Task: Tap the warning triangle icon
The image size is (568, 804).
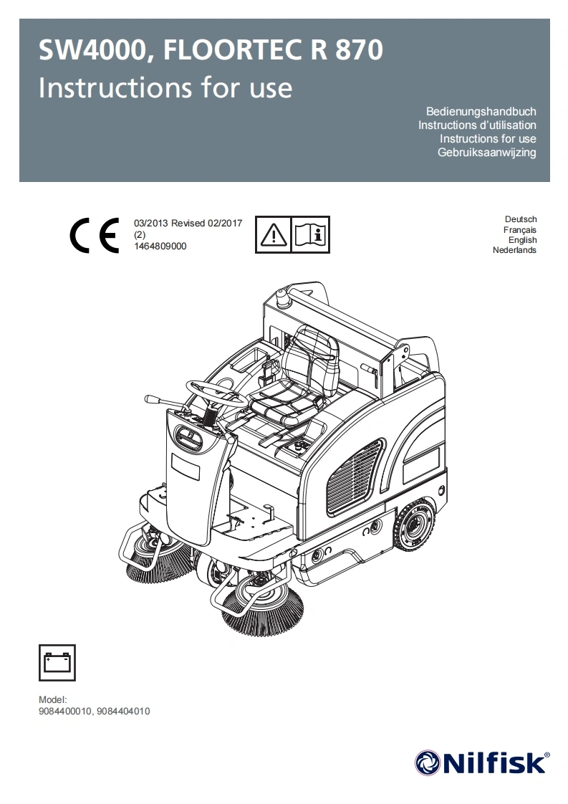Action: point(274,234)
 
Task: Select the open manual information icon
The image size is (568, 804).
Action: point(311,234)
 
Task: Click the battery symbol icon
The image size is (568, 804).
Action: point(57,662)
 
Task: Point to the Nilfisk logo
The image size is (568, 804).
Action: point(482,762)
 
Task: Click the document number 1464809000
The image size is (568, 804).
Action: point(160,246)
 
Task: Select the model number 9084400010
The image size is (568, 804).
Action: point(65,712)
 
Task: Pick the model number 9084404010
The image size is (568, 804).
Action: point(123,712)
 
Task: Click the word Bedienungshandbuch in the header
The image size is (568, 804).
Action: point(481,112)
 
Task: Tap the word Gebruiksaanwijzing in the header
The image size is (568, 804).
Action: point(486,153)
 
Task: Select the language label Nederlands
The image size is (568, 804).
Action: point(514,250)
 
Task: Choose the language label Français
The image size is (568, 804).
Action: point(520,229)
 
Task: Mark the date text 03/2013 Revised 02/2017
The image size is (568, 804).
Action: point(188,223)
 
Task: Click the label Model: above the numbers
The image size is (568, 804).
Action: point(52,699)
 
